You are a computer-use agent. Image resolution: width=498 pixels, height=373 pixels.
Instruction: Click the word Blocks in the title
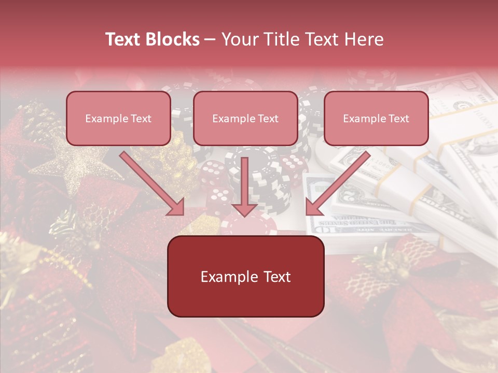click(172, 39)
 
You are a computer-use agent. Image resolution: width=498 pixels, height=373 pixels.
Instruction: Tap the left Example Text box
click(118, 119)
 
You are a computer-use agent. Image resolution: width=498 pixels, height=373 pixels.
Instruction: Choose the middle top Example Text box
click(245, 119)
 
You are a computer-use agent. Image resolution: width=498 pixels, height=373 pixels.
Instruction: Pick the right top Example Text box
click(376, 119)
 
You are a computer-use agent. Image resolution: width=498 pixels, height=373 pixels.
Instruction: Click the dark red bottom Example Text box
click(245, 276)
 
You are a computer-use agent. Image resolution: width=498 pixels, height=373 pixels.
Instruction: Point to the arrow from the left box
click(150, 181)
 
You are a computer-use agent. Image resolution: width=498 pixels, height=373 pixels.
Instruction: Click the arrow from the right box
click(340, 181)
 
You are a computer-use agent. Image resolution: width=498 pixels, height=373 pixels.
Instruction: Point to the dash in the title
click(210, 39)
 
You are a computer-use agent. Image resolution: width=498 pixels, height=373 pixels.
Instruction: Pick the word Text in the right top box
click(398, 119)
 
